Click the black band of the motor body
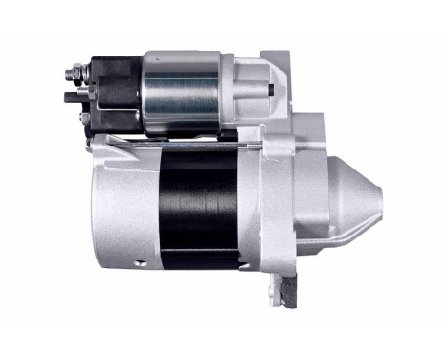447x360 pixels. (x=207, y=206)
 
